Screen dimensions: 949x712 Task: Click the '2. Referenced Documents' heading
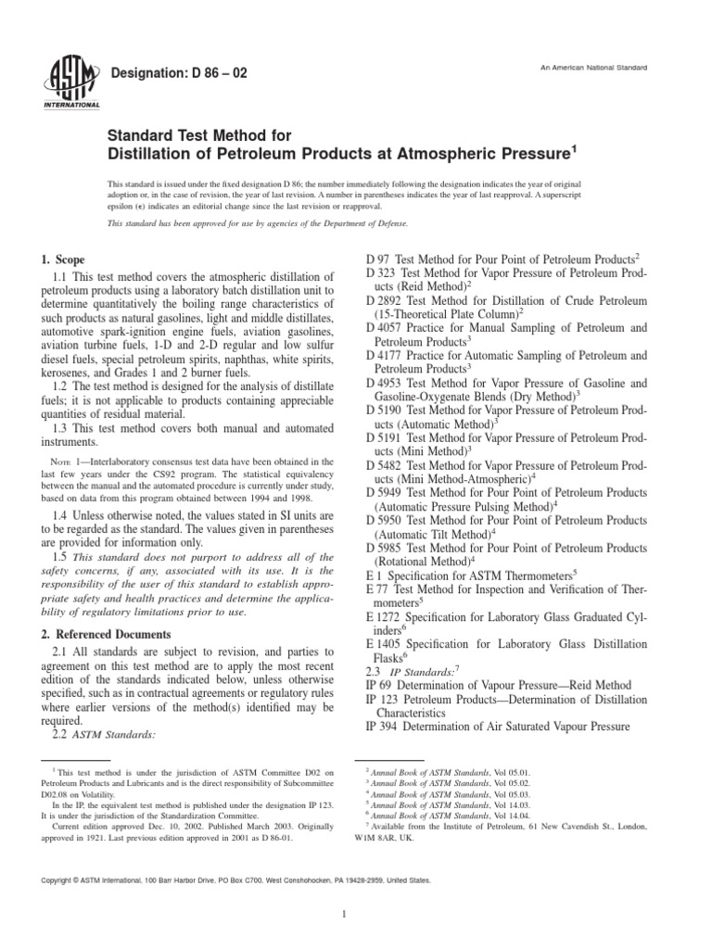105,634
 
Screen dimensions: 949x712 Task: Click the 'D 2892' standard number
386,300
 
